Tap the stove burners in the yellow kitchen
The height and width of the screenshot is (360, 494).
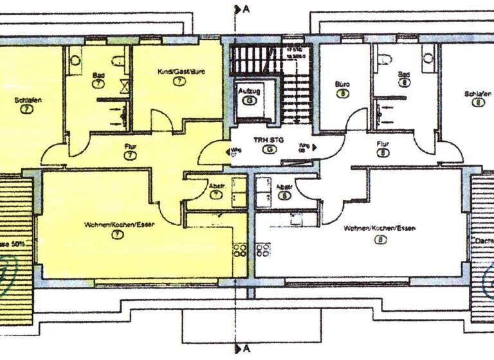click(239, 250)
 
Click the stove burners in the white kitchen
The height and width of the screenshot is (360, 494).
click(262, 250)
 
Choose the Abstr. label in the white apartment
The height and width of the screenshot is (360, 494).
click(284, 188)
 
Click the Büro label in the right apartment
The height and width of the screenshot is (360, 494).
click(342, 84)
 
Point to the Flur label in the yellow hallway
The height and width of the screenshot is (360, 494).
click(130, 147)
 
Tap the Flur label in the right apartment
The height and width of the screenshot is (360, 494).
click(384, 145)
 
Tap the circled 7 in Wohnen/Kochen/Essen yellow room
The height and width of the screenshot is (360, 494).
click(117, 235)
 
